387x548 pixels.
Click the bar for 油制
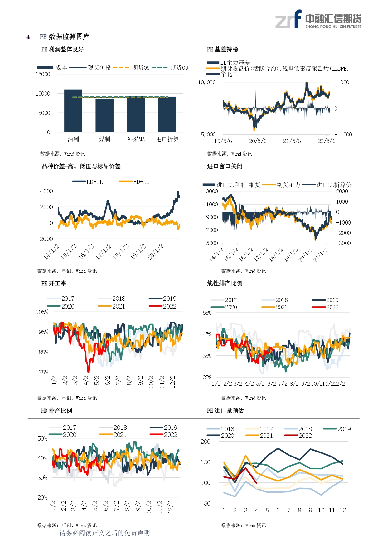click(73, 111)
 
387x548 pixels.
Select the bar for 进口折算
click(167, 114)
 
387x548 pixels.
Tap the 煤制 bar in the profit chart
click(104, 115)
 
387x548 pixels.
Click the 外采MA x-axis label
click(136, 140)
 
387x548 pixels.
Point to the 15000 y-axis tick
click(43, 74)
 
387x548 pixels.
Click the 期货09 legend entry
click(170, 67)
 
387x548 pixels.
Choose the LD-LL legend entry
click(88, 182)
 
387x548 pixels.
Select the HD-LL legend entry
click(134, 182)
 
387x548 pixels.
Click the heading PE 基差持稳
click(222, 49)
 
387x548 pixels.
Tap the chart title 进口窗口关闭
click(225, 166)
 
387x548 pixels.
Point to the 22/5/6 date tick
click(327, 141)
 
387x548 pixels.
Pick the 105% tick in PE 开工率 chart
click(42, 312)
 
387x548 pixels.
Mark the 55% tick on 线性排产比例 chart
click(207, 313)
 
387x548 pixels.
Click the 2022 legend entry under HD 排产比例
click(163, 435)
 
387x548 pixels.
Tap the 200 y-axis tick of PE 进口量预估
click(206, 442)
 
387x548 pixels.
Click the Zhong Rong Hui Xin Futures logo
click(318, 19)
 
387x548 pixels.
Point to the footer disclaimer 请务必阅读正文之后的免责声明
click(105, 533)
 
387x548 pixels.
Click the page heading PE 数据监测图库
click(65, 37)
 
